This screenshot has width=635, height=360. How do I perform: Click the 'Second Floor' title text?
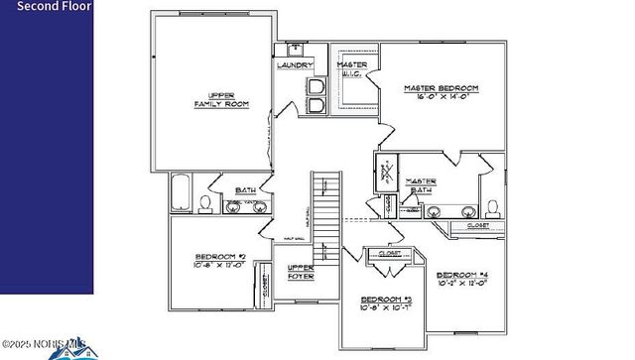(x=47, y=6)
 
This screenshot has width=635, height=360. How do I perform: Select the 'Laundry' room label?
(x=296, y=65)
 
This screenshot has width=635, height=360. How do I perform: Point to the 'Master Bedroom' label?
(x=441, y=89)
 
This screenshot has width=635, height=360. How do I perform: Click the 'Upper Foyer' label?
(x=300, y=272)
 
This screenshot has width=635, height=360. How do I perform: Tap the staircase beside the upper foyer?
(x=326, y=213)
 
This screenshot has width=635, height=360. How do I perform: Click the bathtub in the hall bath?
(x=182, y=192)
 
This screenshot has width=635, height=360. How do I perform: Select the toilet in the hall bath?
(x=205, y=204)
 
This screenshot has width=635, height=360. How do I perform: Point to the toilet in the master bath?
(x=492, y=207)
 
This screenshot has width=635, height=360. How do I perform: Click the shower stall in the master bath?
(x=385, y=175)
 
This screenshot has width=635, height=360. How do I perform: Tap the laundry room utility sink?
(x=296, y=48)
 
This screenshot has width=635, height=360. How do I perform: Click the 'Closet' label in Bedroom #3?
(x=391, y=254)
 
